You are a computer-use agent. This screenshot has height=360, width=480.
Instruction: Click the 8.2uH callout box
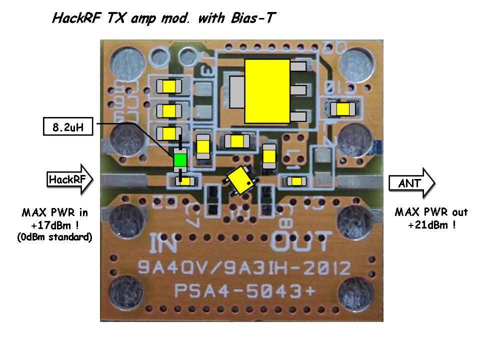click(x=67, y=127)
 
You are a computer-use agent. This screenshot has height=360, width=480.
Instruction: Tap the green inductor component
click(x=180, y=161)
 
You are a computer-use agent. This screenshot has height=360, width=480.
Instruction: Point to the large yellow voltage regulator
click(x=267, y=90)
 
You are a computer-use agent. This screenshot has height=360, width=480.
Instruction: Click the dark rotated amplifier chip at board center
click(x=242, y=180)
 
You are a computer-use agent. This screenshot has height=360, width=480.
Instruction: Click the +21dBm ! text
click(x=431, y=225)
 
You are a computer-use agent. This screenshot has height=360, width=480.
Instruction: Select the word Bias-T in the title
click(x=250, y=18)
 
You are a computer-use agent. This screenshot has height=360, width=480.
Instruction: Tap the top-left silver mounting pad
click(x=123, y=64)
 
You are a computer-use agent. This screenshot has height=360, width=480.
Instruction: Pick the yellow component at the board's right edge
click(x=343, y=108)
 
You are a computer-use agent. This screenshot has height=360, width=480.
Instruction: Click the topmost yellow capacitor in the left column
click(x=169, y=86)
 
